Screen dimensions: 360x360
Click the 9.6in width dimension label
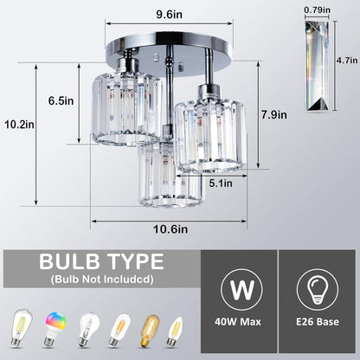click(x=180, y=13)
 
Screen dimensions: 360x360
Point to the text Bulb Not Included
click(x=96, y=280)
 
